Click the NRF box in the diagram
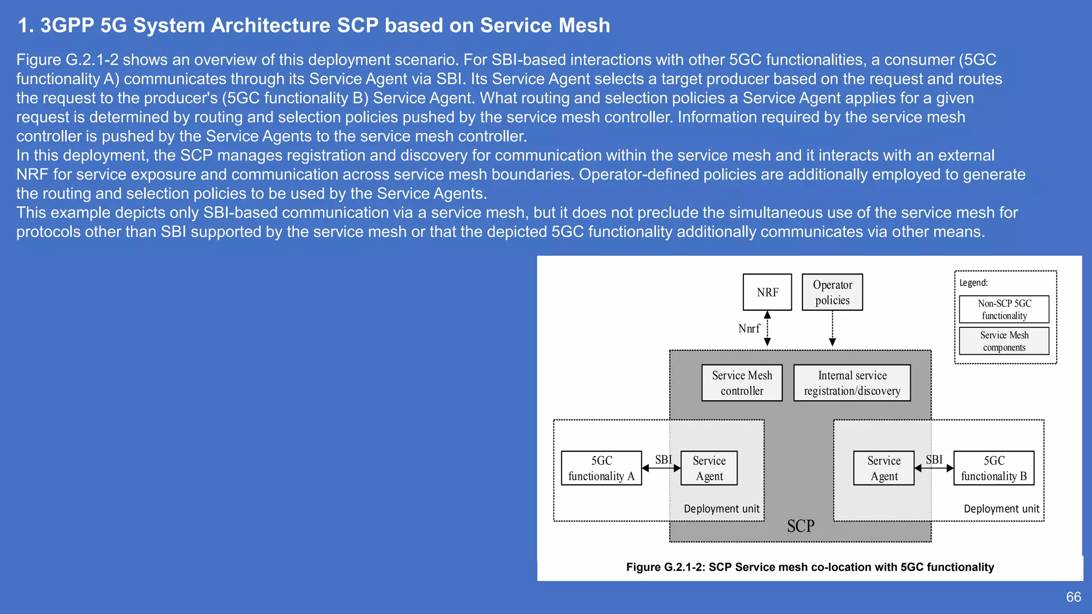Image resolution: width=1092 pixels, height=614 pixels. click(x=767, y=292)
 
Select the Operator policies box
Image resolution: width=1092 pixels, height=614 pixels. click(x=832, y=292)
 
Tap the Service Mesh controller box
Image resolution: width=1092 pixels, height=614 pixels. click(x=742, y=383)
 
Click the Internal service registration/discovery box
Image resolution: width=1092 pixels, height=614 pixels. click(x=852, y=383)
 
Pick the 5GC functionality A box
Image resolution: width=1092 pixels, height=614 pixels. click(x=601, y=468)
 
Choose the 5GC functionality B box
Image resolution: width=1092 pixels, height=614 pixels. click(x=994, y=468)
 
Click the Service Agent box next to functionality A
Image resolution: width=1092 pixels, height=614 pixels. click(x=709, y=468)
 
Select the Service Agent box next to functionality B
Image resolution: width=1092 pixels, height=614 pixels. click(x=884, y=468)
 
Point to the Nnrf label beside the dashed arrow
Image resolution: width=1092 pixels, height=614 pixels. click(x=749, y=329)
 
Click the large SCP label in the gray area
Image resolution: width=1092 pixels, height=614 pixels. click(x=800, y=526)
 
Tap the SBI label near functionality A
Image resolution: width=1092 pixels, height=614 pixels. click(x=663, y=459)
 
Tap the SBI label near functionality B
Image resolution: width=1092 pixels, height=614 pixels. click(x=934, y=459)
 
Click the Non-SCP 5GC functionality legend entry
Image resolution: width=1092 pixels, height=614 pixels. click(x=1004, y=309)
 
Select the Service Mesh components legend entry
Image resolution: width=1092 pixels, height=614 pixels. click(x=1004, y=341)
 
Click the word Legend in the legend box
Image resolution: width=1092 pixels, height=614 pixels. click(x=973, y=283)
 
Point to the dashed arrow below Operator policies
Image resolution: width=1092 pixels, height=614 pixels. click(x=832, y=328)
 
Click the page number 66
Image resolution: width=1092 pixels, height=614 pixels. click(x=1073, y=597)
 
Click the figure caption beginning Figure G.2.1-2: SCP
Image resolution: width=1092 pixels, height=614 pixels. click(x=810, y=567)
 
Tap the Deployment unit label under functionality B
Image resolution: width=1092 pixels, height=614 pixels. click(x=1001, y=509)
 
